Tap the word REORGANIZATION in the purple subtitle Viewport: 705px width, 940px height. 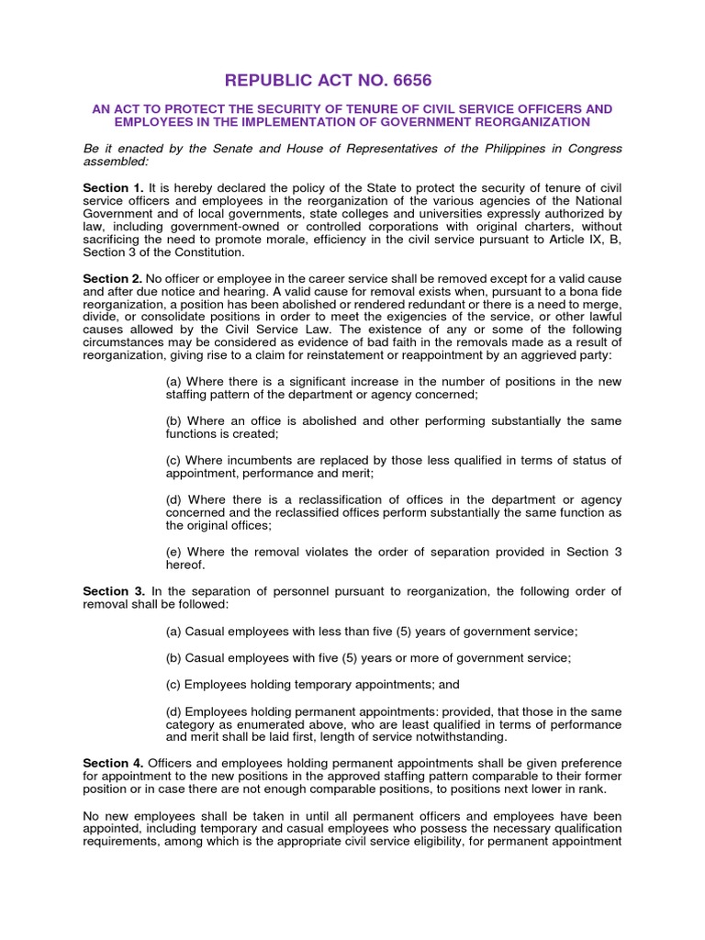[523, 122]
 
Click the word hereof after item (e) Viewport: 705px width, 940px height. [184, 565]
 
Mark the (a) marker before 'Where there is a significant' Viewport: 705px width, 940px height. [173, 381]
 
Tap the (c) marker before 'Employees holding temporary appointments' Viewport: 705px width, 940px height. [173, 685]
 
